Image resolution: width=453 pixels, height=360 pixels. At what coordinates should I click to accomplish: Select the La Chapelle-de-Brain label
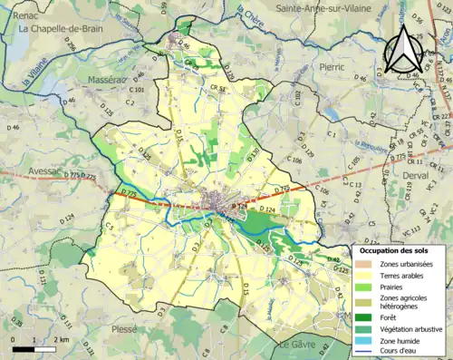pos(61,28)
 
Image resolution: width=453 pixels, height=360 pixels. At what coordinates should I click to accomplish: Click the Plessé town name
pos(123,329)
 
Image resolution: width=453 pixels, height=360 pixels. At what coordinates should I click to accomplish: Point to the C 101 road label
pos(138,91)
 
